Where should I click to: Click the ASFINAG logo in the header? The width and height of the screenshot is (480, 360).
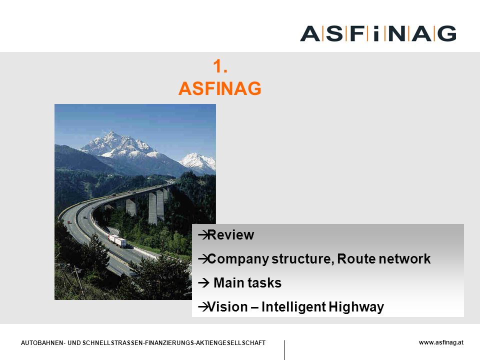(378, 33)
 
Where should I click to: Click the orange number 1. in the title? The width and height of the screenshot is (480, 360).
(220, 66)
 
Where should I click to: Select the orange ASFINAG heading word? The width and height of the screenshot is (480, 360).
(220, 88)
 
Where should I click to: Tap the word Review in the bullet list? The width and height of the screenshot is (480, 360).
(231, 235)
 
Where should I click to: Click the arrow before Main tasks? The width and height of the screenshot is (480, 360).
(203, 283)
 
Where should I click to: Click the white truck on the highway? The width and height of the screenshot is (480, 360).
(117, 240)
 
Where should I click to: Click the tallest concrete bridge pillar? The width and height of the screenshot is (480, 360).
(152, 208)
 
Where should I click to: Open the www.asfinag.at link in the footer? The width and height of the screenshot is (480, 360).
(441, 342)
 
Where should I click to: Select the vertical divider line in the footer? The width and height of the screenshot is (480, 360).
(284, 350)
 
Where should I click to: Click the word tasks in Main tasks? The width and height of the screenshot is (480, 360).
(264, 283)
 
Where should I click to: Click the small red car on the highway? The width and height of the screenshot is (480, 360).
(68, 222)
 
